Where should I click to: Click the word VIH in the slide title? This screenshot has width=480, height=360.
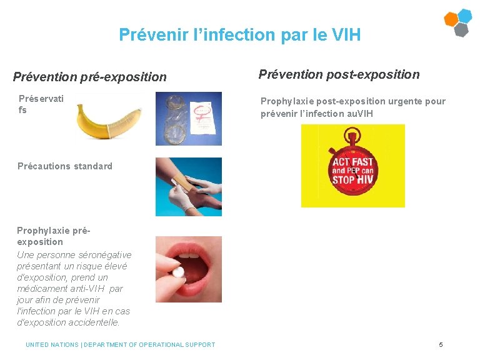click(x=347, y=34)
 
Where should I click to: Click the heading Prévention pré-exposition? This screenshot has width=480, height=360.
click(x=90, y=77)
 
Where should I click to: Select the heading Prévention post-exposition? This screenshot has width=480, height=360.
click(x=339, y=75)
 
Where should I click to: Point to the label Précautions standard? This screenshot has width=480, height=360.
click(x=65, y=166)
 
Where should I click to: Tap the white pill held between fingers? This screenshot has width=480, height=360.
click(x=179, y=272)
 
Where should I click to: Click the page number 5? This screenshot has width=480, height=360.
click(x=441, y=345)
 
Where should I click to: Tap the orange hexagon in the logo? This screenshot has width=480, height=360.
click(x=451, y=19)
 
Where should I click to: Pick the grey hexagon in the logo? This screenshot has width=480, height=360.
click(x=461, y=29)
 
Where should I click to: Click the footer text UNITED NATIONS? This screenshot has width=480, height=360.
click(x=52, y=345)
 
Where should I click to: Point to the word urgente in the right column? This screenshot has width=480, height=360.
click(x=401, y=101)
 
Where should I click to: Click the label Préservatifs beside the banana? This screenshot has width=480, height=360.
click(x=41, y=104)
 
